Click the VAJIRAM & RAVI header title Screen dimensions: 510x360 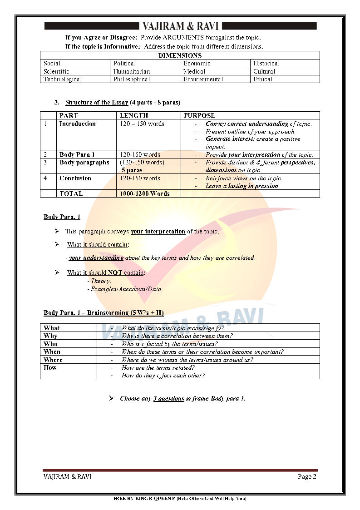click(x=180, y=26)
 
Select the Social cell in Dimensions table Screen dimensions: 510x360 click(x=52, y=64)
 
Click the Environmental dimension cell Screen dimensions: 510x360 click(x=203, y=79)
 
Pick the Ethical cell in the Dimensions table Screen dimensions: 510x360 click(x=263, y=79)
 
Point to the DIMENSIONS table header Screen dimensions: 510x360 click(x=180, y=55)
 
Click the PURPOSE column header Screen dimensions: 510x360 click(x=199, y=116)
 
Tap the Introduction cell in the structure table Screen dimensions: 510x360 click(x=78, y=124)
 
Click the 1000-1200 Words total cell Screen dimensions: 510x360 click(x=144, y=194)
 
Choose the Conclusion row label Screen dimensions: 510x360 click(x=75, y=178)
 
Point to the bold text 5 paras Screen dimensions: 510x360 click(x=132, y=170)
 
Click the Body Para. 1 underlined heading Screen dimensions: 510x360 click(x=62, y=217)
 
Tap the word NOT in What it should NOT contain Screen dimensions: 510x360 click(x=114, y=273)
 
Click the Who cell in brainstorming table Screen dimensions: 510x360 click(x=50, y=344)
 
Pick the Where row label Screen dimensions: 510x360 click(x=53, y=360)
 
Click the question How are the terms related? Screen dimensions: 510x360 click(x=158, y=368)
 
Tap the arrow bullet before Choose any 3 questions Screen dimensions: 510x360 click(x=111, y=398)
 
